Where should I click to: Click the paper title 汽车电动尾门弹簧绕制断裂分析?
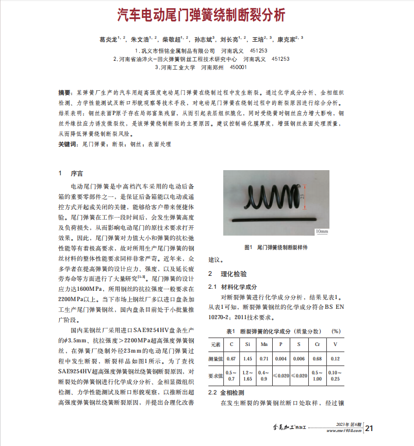tap(201, 14)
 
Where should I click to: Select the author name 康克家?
tap(286, 39)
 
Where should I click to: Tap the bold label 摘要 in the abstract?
tap(64, 93)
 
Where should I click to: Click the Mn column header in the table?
tap(264, 343)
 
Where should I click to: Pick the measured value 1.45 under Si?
tap(247, 358)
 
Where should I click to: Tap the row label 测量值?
tap(216, 358)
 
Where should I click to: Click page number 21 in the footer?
tap(369, 428)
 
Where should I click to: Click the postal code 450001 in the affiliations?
tap(238, 67)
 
